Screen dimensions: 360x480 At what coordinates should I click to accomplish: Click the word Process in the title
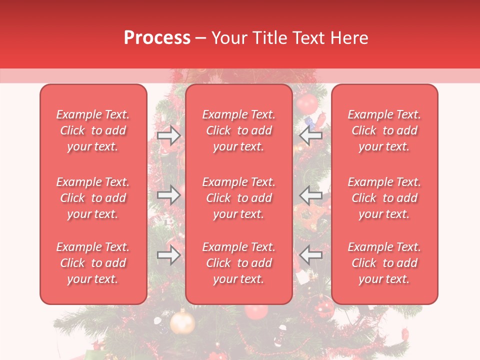tap(157, 37)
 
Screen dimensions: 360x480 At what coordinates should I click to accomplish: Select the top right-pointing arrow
tap(169, 135)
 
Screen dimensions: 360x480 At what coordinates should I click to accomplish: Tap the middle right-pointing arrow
tap(169, 195)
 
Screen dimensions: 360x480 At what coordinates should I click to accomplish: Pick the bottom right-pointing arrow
tap(169, 255)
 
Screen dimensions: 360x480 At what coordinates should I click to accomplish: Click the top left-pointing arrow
tap(310, 135)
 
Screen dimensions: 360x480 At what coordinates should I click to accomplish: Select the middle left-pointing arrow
tap(310, 195)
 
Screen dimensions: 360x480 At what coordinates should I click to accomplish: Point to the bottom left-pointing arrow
tap(310, 255)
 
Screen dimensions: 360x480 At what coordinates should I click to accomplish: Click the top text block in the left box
tap(93, 130)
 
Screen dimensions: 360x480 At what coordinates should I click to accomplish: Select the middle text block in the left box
tap(93, 198)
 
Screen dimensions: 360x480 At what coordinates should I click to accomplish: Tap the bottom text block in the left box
tap(93, 263)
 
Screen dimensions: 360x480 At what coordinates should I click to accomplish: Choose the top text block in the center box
tap(239, 130)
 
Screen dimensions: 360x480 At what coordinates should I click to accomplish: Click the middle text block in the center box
tap(239, 198)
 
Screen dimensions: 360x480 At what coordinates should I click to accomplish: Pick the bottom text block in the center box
tap(239, 263)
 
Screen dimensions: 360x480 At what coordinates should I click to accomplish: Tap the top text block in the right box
tap(384, 130)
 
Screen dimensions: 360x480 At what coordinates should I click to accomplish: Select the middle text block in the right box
tap(384, 198)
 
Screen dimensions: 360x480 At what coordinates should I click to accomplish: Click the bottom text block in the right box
tap(384, 263)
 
